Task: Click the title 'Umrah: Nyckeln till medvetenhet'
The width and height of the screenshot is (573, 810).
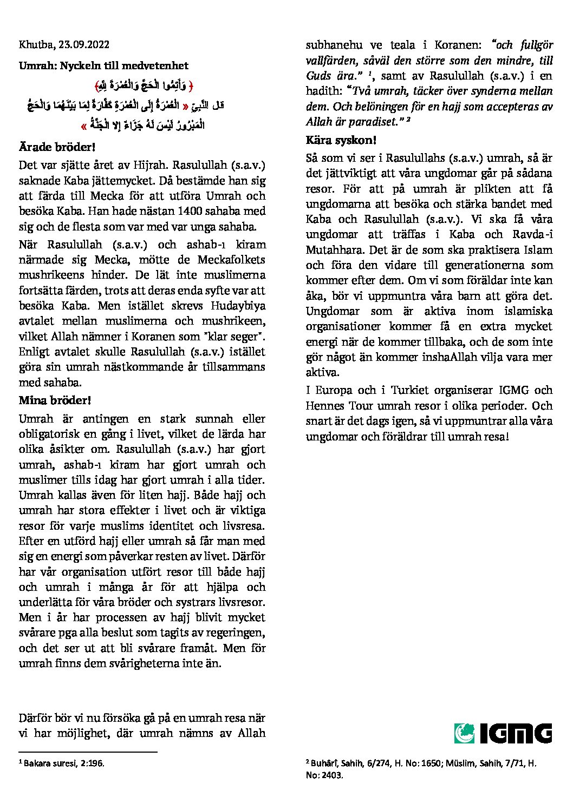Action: click(x=103, y=65)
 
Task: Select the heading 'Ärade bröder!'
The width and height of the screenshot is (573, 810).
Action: click(x=57, y=147)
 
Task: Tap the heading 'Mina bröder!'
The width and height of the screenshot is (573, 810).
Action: click(x=55, y=400)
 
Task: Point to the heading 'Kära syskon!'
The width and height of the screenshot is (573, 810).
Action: click(x=341, y=140)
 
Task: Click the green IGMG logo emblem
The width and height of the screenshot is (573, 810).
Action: click(x=464, y=733)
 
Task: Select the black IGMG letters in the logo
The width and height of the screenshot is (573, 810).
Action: click(x=515, y=733)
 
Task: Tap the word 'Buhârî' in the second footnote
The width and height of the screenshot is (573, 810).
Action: click(x=324, y=763)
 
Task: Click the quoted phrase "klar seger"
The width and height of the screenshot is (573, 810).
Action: click(x=237, y=336)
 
